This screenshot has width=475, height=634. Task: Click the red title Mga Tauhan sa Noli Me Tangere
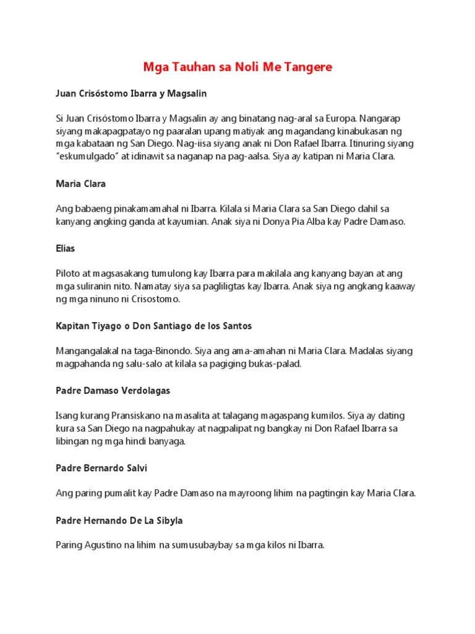tap(237, 67)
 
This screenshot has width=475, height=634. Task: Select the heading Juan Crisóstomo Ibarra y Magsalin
tap(131, 93)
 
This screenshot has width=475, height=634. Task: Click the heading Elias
tap(65, 248)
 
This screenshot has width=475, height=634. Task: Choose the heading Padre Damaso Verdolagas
tap(113, 391)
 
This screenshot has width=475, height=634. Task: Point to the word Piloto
tap(69, 273)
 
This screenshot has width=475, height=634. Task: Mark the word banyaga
tap(167, 441)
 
